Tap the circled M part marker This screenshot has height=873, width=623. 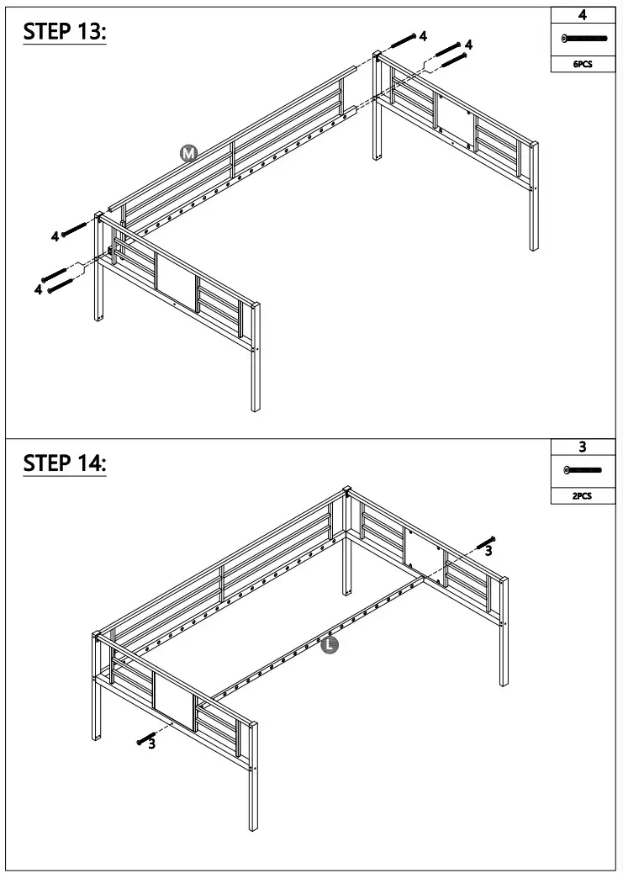pyautogui.click(x=189, y=152)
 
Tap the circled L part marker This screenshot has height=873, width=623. pyautogui.click(x=330, y=645)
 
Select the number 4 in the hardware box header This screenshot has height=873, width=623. pyautogui.click(x=583, y=14)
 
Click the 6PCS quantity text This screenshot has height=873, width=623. pyautogui.click(x=583, y=64)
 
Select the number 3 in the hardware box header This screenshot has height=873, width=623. pyautogui.click(x=583, y=447)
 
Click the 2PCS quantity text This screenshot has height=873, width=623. pyautogui.click(x=583, y=496)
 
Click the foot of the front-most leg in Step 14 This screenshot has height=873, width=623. pyautogui.click(x=253, y=828)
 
